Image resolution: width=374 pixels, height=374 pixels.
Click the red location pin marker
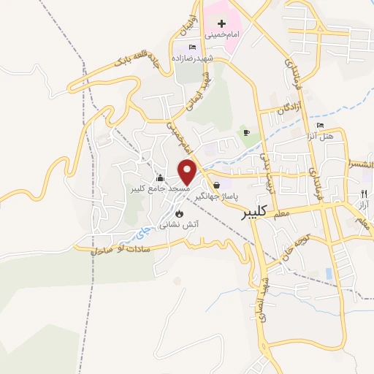[188, 170]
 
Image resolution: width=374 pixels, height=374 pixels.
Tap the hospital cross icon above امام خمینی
[221, 24]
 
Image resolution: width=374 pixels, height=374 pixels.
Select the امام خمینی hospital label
[221, 34]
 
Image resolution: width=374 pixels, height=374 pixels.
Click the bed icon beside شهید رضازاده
[192, 47]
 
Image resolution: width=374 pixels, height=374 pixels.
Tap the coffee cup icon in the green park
[246, 132]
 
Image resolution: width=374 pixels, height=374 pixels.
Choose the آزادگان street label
[290, 109]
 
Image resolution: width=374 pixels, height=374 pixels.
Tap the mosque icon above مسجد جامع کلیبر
[160, 178]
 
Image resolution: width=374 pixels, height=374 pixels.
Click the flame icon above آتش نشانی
[177, 214]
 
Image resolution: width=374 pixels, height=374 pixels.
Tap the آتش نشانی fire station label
[177, 225]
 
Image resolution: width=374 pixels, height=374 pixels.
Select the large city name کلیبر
[263, 213]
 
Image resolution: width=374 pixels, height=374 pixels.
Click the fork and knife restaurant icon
[362, 194]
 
